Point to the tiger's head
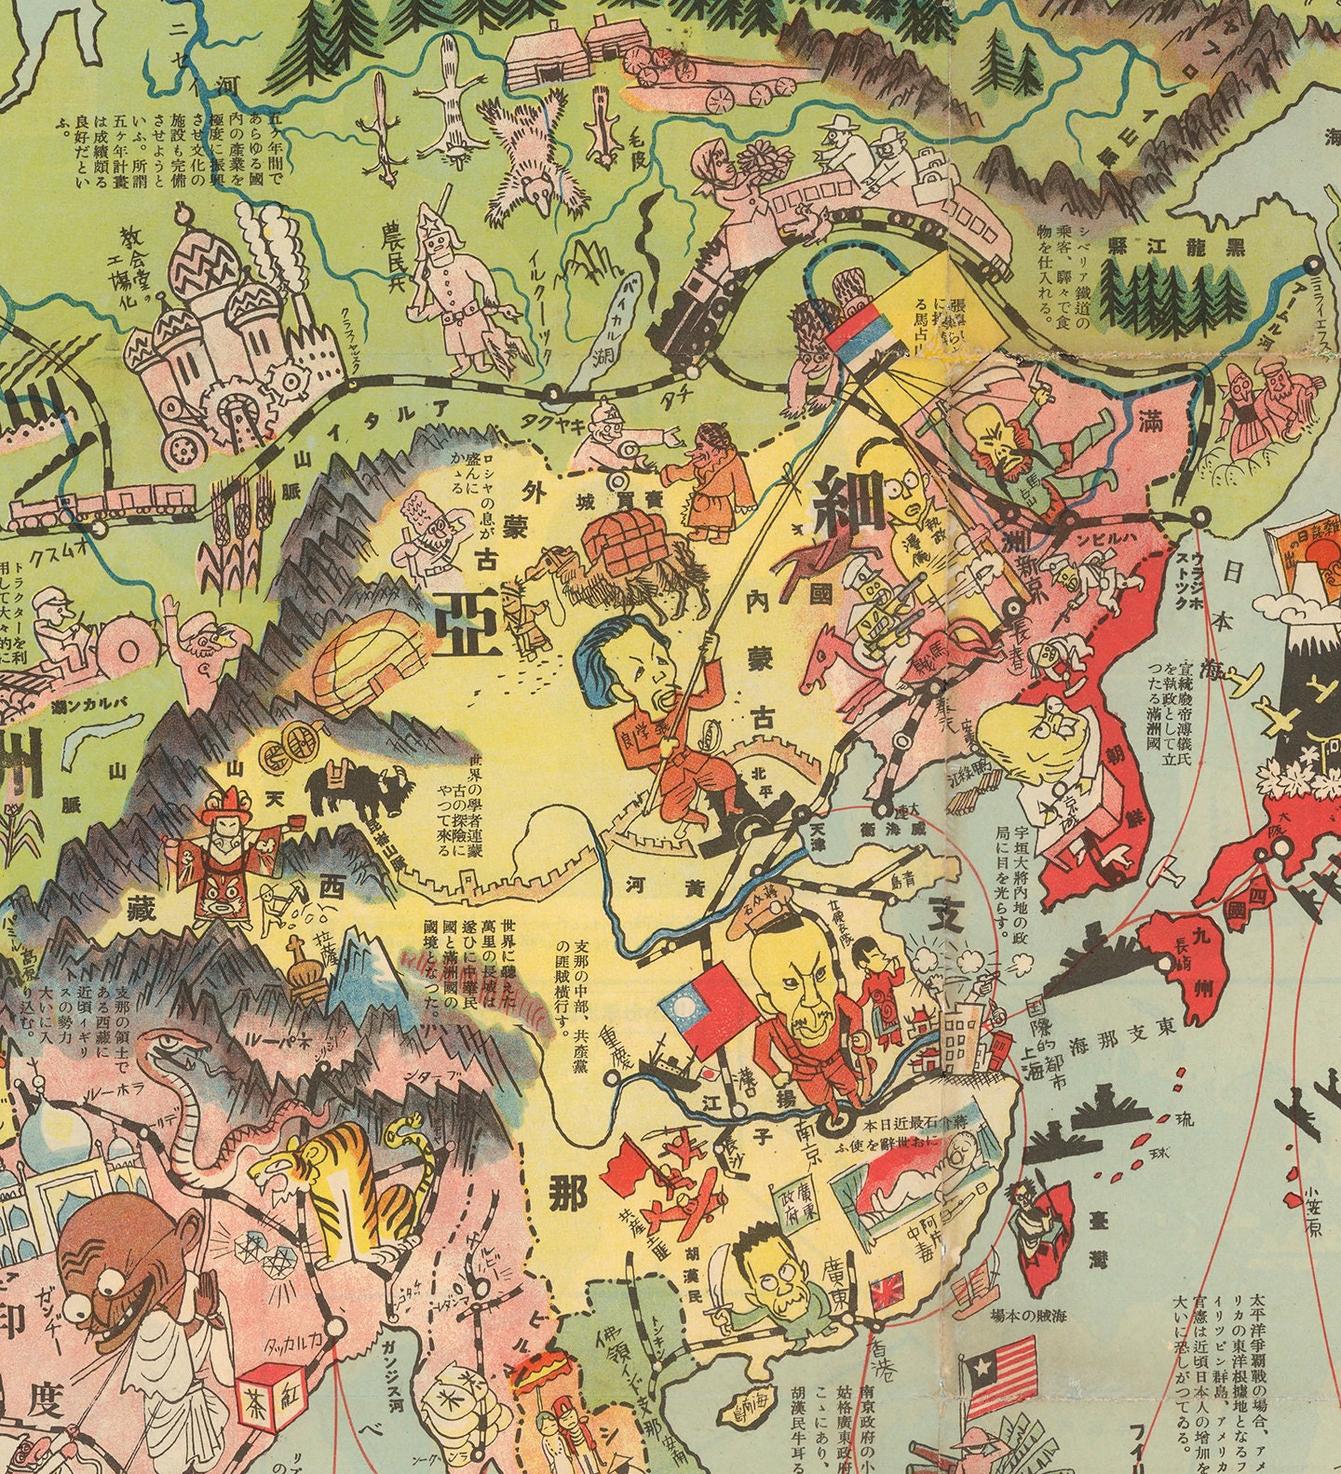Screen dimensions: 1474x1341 [296, 1175]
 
